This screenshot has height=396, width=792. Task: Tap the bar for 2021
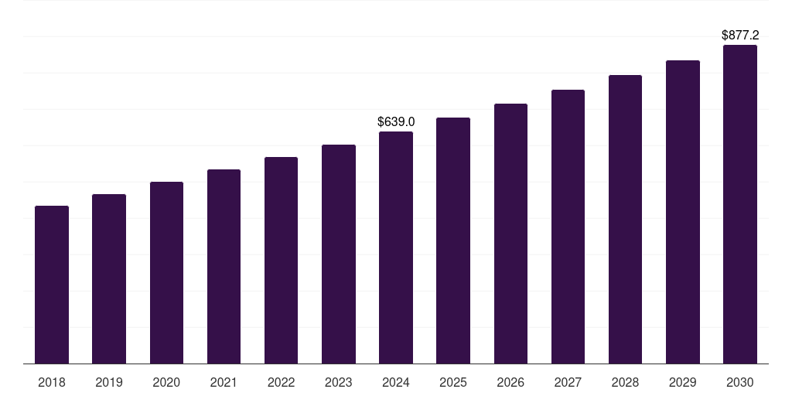(224, 266)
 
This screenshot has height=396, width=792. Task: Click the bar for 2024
(396, 247)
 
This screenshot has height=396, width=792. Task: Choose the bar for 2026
(510, 234)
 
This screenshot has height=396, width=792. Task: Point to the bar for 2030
(740, 204)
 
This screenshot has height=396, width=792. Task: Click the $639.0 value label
(396, 121)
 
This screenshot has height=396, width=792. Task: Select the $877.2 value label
(740, 35)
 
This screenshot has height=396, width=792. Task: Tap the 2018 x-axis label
(52, 382)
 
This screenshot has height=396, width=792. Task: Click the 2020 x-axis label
(166, 382)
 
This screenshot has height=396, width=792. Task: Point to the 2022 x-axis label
(281, 382)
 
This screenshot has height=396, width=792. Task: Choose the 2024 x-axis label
(396, 382)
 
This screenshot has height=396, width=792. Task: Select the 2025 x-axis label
(453, 382)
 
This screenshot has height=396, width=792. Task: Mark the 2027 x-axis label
(568, 382)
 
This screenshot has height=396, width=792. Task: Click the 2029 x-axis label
(683, 382)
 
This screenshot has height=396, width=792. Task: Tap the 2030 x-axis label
(740, 382)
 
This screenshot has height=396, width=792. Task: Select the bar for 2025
(453, 241)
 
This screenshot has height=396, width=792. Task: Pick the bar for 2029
(683, 212)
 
